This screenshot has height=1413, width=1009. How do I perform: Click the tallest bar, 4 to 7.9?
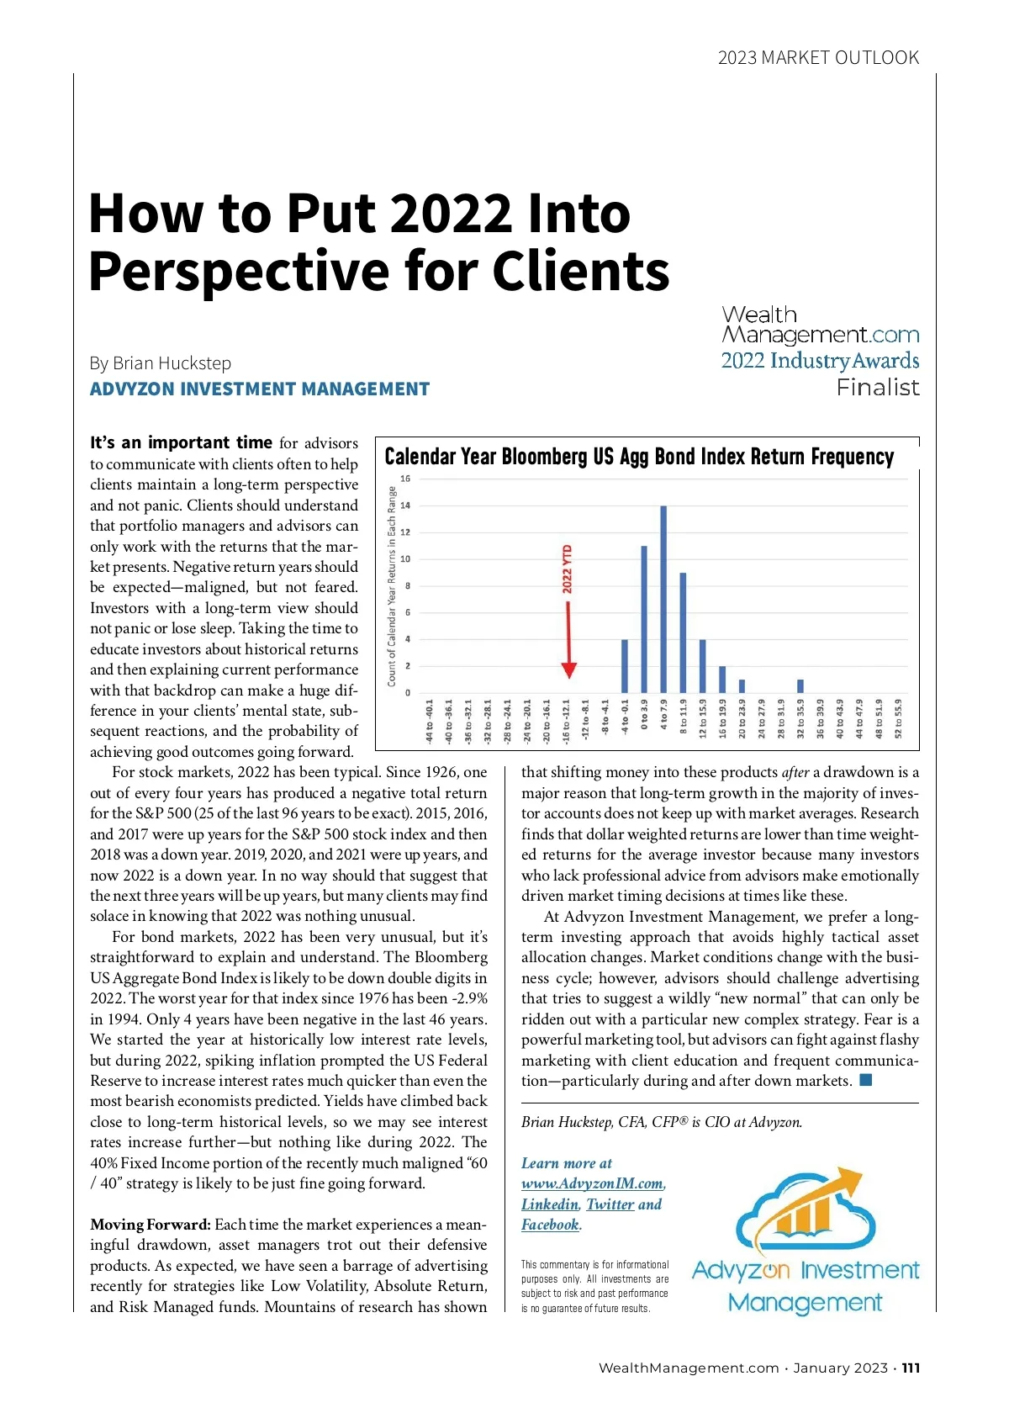coord(663,599)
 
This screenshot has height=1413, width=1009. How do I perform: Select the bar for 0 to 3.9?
coord(644,619)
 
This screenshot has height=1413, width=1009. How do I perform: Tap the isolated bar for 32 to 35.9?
coord(800,685)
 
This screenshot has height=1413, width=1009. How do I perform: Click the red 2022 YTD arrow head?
coord(568,669)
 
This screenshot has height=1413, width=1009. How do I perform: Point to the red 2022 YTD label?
coord(568,569)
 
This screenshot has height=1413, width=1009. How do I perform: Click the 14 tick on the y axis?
coord(405,505)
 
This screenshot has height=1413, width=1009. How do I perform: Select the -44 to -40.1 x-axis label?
coord(430,721)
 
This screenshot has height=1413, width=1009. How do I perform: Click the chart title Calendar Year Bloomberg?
coord(639,457)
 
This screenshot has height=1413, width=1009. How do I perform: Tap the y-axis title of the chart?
coord(392,586)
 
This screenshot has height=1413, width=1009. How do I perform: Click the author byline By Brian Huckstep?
coord(161,363)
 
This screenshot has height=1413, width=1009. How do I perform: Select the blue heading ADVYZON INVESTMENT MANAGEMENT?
coord(260,389)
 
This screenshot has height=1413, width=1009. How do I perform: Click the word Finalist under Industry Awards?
coord(877,388)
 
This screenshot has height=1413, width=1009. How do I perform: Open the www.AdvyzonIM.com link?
coord(592,1183)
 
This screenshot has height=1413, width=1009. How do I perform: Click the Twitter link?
coord(610,1204)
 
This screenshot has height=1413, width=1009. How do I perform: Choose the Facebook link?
coord(550,1225)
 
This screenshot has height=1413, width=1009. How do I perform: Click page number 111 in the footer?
coord(911,1368)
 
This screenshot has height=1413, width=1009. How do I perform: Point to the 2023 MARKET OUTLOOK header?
coord(818,58)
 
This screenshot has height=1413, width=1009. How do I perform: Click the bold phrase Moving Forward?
coord(151,1225)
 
